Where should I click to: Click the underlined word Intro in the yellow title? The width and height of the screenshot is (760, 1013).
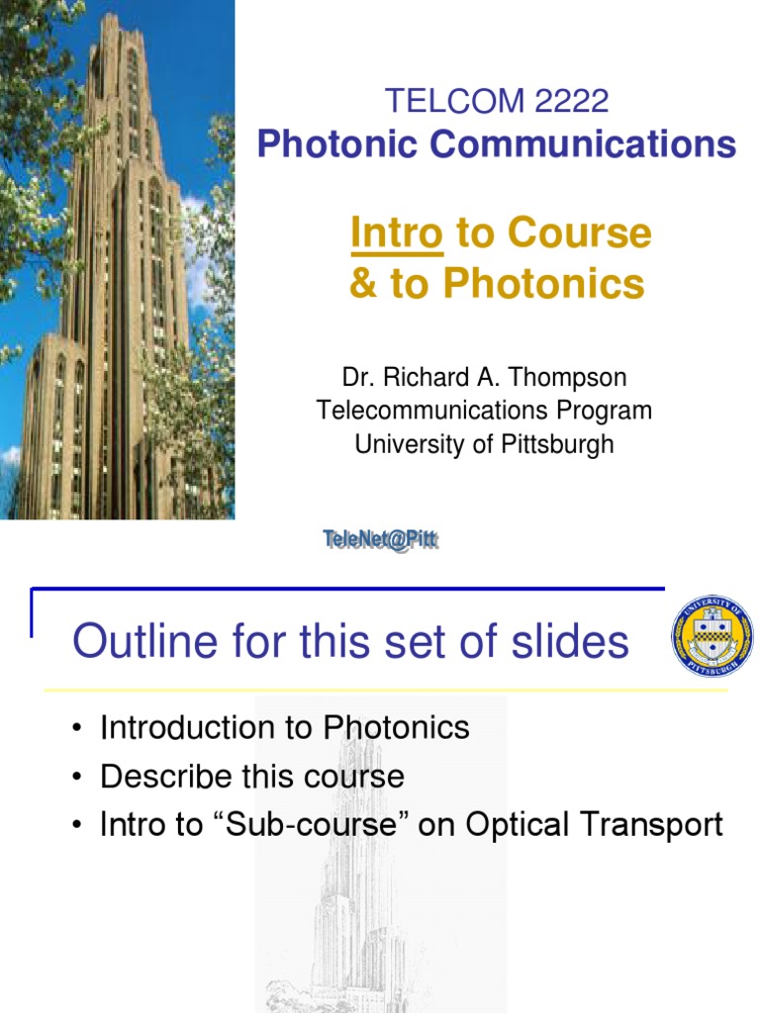point(397,233)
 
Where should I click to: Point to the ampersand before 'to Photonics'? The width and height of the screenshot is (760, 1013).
point(363,284)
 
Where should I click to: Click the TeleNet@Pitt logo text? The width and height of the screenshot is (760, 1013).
point(380,540)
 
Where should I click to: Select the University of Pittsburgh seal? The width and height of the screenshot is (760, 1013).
point(712,636)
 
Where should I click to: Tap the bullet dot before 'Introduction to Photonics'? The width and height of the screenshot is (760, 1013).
point(76,730)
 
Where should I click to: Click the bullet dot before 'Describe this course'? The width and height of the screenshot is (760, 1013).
point(76,778)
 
